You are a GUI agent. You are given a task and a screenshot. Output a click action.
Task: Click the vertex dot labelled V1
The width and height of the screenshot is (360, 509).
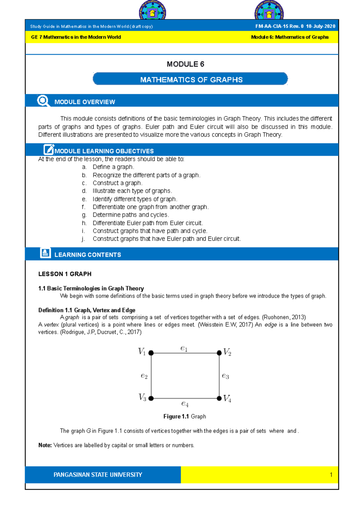tap(151, 353)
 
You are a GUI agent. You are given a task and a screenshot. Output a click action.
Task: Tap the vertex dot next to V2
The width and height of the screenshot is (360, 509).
tap(219, 353)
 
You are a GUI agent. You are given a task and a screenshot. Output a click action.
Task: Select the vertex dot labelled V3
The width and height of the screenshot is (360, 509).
tap(151, 398)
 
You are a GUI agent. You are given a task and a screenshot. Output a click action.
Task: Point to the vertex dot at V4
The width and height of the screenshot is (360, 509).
tap(219, 398)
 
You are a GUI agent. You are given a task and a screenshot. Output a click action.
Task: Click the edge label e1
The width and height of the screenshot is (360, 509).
tap(184, 348)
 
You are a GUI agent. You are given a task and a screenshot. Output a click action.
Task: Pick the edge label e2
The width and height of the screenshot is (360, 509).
tap(144, 376)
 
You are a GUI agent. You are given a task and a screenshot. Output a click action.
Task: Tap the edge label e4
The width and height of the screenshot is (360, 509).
tap(185, 404)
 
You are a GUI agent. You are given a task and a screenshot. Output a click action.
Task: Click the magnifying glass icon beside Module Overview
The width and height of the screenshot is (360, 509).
tap(43, 101)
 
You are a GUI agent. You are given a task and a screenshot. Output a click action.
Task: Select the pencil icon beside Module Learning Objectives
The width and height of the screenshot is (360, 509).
tap(49, 149)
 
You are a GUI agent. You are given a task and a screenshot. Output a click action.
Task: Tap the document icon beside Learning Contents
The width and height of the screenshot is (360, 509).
tap(45, 253)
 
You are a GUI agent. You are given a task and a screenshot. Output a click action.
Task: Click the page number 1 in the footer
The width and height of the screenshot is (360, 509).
tap(331, 475)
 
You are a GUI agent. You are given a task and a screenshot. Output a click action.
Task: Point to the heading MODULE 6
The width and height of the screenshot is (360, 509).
tap(185, 64)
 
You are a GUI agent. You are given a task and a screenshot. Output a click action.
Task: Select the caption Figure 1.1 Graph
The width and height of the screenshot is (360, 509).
tap(184, 416)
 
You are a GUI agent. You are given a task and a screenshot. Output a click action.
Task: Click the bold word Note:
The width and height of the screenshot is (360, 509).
tap(45, 445)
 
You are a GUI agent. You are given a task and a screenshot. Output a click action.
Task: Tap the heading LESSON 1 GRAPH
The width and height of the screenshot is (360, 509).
tap(65, 274)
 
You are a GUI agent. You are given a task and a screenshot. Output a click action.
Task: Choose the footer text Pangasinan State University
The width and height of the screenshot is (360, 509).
tap(98, 475)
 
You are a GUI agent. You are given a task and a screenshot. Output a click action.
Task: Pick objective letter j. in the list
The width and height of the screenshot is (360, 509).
tap(83, 239)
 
